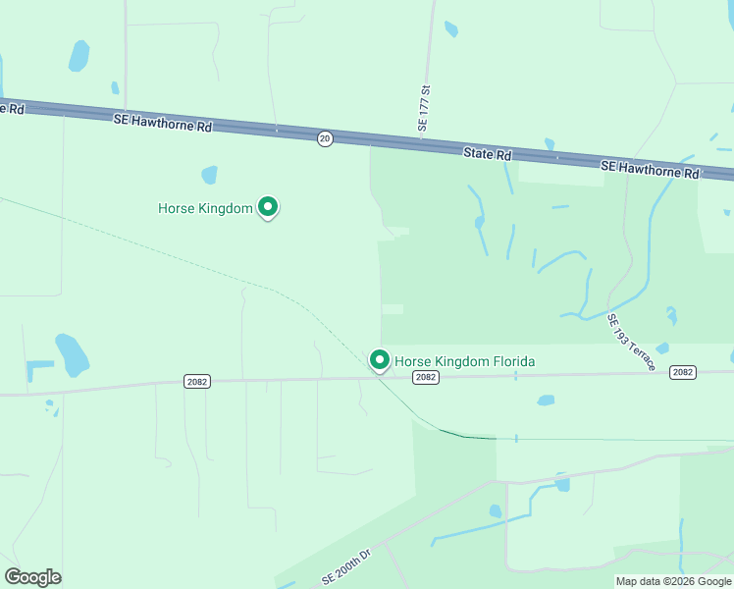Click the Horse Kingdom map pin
pos(268,207)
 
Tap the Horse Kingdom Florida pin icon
pos(380,360)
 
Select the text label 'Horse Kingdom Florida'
pos(465,361)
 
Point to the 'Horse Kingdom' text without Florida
pos(205,208)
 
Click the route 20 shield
pos(325,139)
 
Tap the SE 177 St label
pos(425,109)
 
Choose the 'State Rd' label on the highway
pos(488,154)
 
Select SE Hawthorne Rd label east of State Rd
pos(650,169)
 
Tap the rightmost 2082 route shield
pos(683,372)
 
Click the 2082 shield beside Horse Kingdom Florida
pos(425,377)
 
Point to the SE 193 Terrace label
pos(631,342)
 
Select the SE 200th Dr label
pos(346,567)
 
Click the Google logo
pos(32,576)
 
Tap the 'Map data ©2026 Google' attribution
pos(673,581)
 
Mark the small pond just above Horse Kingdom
pos(209,175)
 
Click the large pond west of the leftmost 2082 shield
pos(71,354)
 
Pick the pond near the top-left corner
pos(79,55)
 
